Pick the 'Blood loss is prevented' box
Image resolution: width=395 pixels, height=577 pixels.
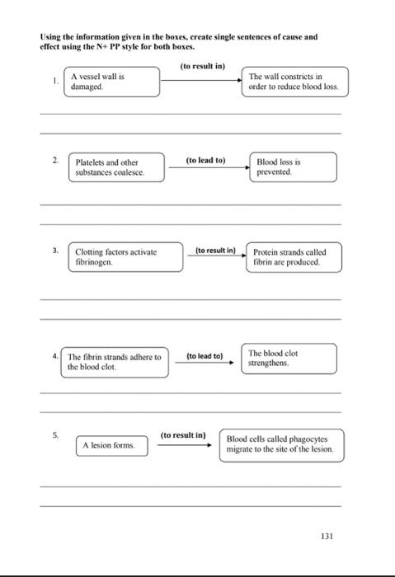pyautogui.click(x=294, y=167)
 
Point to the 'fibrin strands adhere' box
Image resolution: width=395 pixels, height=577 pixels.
pyautogui.click(x=114, y=362)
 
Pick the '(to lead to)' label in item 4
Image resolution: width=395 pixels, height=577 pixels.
pyautogui.click(x=205, y=355)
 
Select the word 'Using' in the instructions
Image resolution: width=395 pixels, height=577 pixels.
pyautogui.click(x=51, y=37)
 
